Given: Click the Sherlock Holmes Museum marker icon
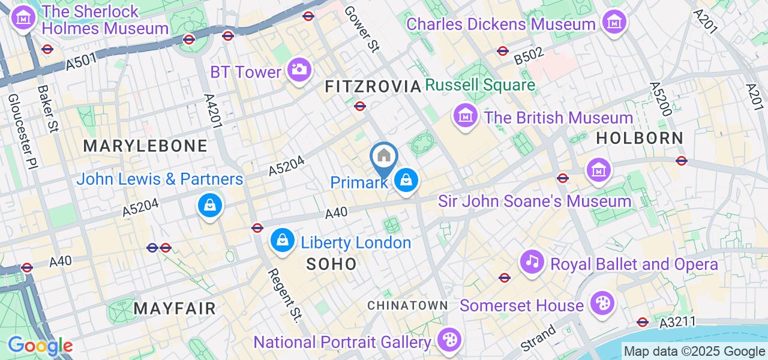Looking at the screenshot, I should (23, 19).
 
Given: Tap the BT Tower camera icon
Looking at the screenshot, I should (298, 70).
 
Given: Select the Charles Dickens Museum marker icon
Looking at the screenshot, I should (614, 23).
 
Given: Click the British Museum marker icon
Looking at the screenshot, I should (465, 116).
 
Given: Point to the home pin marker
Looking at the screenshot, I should (383, 157).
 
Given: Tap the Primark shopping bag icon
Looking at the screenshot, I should (406, 180).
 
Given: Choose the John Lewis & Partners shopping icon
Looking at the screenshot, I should (210, 206).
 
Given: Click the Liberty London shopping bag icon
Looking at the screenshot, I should (282, 241).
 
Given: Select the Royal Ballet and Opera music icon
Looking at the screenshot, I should (532, 262).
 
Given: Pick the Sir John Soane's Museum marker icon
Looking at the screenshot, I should (598, 170).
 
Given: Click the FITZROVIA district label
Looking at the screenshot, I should (373, 86).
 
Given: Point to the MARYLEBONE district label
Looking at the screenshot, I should (145, 146).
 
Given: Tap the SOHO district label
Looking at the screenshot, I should (331, 264).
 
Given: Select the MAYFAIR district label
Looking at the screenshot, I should (174, 309).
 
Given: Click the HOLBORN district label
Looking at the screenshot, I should (640, 138).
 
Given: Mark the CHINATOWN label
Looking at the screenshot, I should (407, 305).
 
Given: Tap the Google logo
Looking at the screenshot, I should (40, 346).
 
